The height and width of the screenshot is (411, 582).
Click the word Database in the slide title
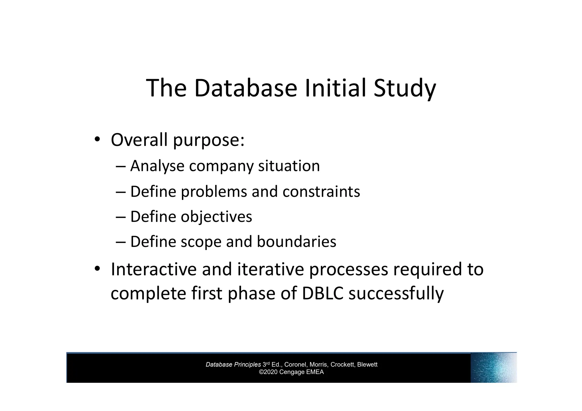click(x=246, y=88)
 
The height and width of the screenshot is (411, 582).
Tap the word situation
click(x=289, y=166)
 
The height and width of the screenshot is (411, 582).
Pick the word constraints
click(x=321, y=191)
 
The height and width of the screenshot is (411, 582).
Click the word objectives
click(x=216, y=217)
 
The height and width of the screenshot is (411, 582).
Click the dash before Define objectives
click(x=120, y=217)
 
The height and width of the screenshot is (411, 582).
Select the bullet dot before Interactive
click(x=97, y=269)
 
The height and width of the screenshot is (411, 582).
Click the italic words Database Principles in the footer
click(x=233, y=365)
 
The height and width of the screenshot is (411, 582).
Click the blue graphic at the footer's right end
click(x=493, y=367)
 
